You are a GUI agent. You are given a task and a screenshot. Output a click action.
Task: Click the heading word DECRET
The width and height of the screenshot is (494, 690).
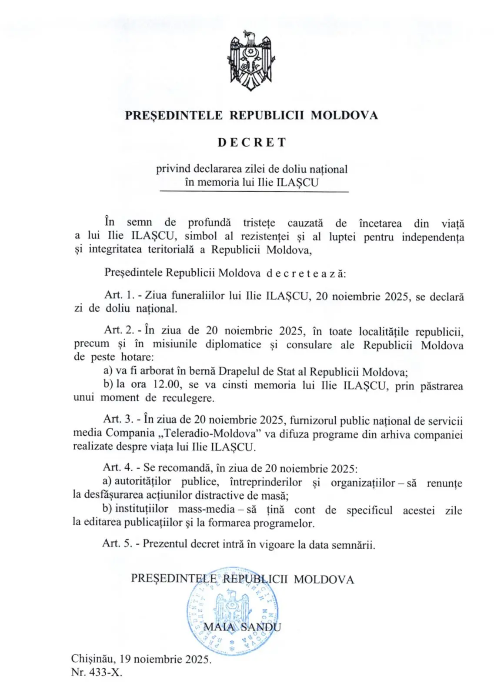(252, 143)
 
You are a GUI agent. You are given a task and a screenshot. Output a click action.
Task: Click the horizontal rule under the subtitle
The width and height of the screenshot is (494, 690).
(254, 192)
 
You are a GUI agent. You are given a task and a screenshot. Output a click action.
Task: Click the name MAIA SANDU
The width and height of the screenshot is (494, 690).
(242, 627)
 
